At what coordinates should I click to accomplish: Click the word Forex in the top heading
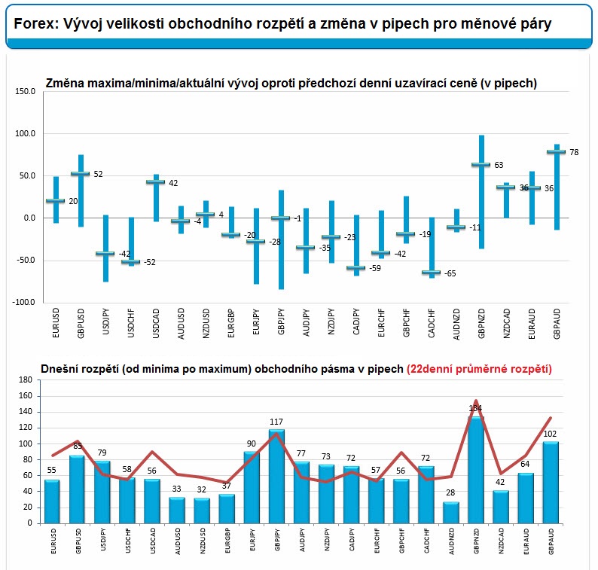click(x=33, y=24)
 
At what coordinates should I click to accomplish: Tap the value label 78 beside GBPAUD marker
click(x=574, y=152)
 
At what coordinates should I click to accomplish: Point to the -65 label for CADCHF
click(x=450, y=273)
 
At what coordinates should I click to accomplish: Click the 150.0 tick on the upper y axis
click(x=26, y=91)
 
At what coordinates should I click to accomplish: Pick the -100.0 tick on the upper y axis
click(x=23, y=303)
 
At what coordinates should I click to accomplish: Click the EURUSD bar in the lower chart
click(x=52, y=501)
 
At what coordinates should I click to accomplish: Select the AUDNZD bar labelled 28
click(x=451, y=512)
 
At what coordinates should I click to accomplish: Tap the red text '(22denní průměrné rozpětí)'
click(x=479, y=369)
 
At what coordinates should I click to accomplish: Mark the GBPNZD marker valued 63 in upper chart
click(x=481, y=164)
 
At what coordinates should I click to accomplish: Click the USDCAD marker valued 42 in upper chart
click(x=155, y=181)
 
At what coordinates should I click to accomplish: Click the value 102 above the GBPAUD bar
click(x=551, y=433)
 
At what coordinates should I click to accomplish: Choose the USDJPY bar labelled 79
click(x=102, y=491)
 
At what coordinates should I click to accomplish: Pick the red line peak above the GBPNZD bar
click(x=476, y=401)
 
